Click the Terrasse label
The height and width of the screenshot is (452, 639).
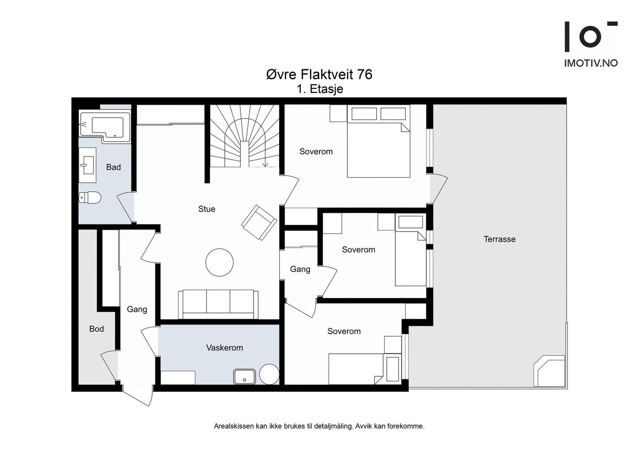500,239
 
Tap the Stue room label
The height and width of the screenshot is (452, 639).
206,209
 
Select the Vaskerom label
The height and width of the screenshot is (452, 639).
224,348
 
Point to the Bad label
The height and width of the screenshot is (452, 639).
113,167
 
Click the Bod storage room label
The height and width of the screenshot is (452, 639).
96,329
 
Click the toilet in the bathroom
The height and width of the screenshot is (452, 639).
90,197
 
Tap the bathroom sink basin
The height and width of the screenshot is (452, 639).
87,165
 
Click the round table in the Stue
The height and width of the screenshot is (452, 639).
219,262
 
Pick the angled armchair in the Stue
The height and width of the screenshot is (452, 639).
259,222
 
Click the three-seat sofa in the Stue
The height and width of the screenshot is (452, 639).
218,304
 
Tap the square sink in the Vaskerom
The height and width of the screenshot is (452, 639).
244,377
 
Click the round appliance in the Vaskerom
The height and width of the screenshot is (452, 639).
269,374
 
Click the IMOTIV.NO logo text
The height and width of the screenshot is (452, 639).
591,63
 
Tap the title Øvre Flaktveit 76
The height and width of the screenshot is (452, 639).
319,74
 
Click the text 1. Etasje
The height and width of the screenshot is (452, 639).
320,89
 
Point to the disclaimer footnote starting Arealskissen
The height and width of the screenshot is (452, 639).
319,426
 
